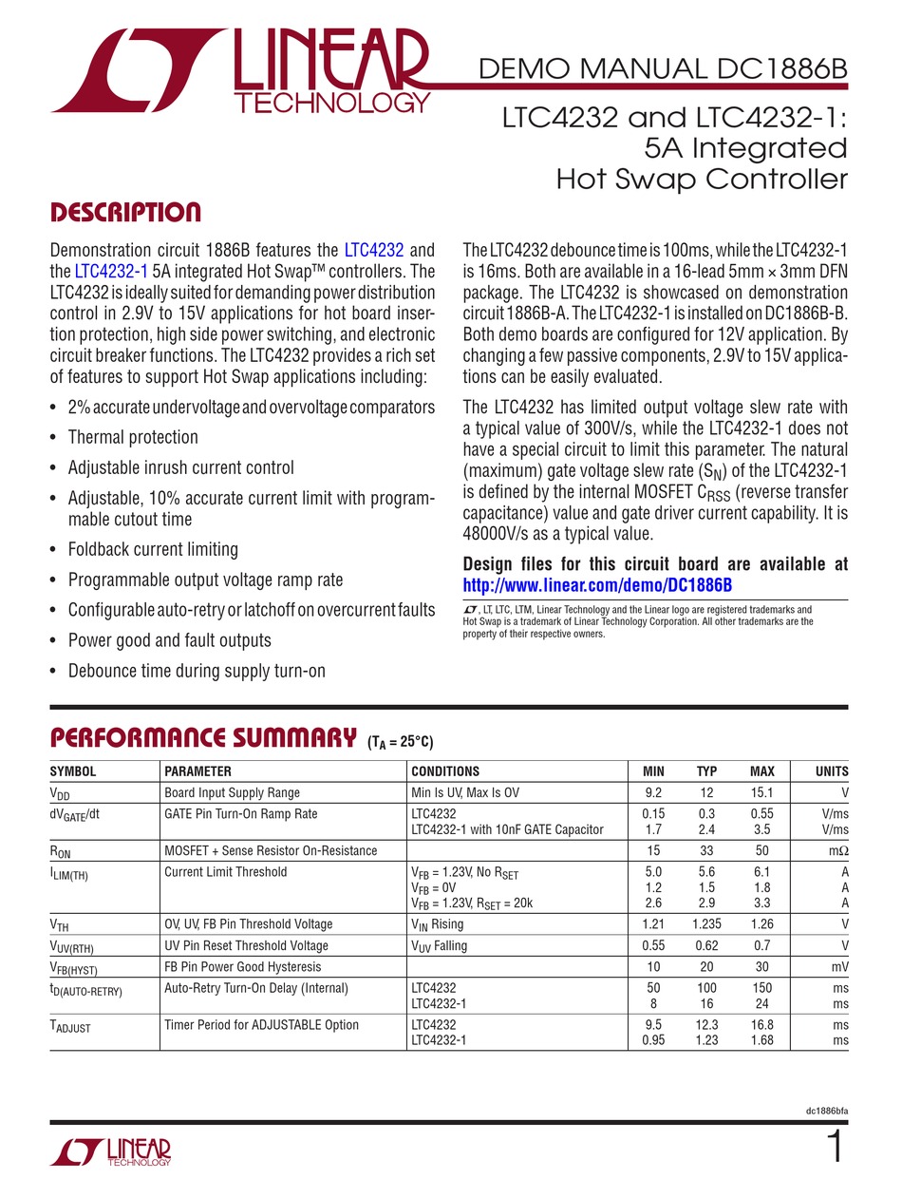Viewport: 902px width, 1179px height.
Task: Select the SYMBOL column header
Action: click(x=73, y=771)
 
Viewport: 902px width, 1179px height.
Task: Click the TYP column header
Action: click(x=706, y=771)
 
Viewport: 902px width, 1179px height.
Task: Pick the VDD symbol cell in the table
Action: click(x=60, y=793)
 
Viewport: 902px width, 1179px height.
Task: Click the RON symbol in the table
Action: click(x=61, y=851)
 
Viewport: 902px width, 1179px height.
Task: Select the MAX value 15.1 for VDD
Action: click(x=761, y=792)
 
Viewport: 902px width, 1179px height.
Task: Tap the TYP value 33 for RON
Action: click(x=706, y=850)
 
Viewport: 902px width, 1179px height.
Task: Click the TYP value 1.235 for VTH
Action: click(x=706, y=924)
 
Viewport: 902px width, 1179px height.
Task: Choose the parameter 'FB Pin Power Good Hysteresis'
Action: click(x=242, y=966)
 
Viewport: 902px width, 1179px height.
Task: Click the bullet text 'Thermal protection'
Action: click(x=133, y=437)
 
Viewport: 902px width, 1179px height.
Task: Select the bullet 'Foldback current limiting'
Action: click(x=153, y=549)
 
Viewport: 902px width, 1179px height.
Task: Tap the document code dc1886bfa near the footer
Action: click(x=822, y=1112)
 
